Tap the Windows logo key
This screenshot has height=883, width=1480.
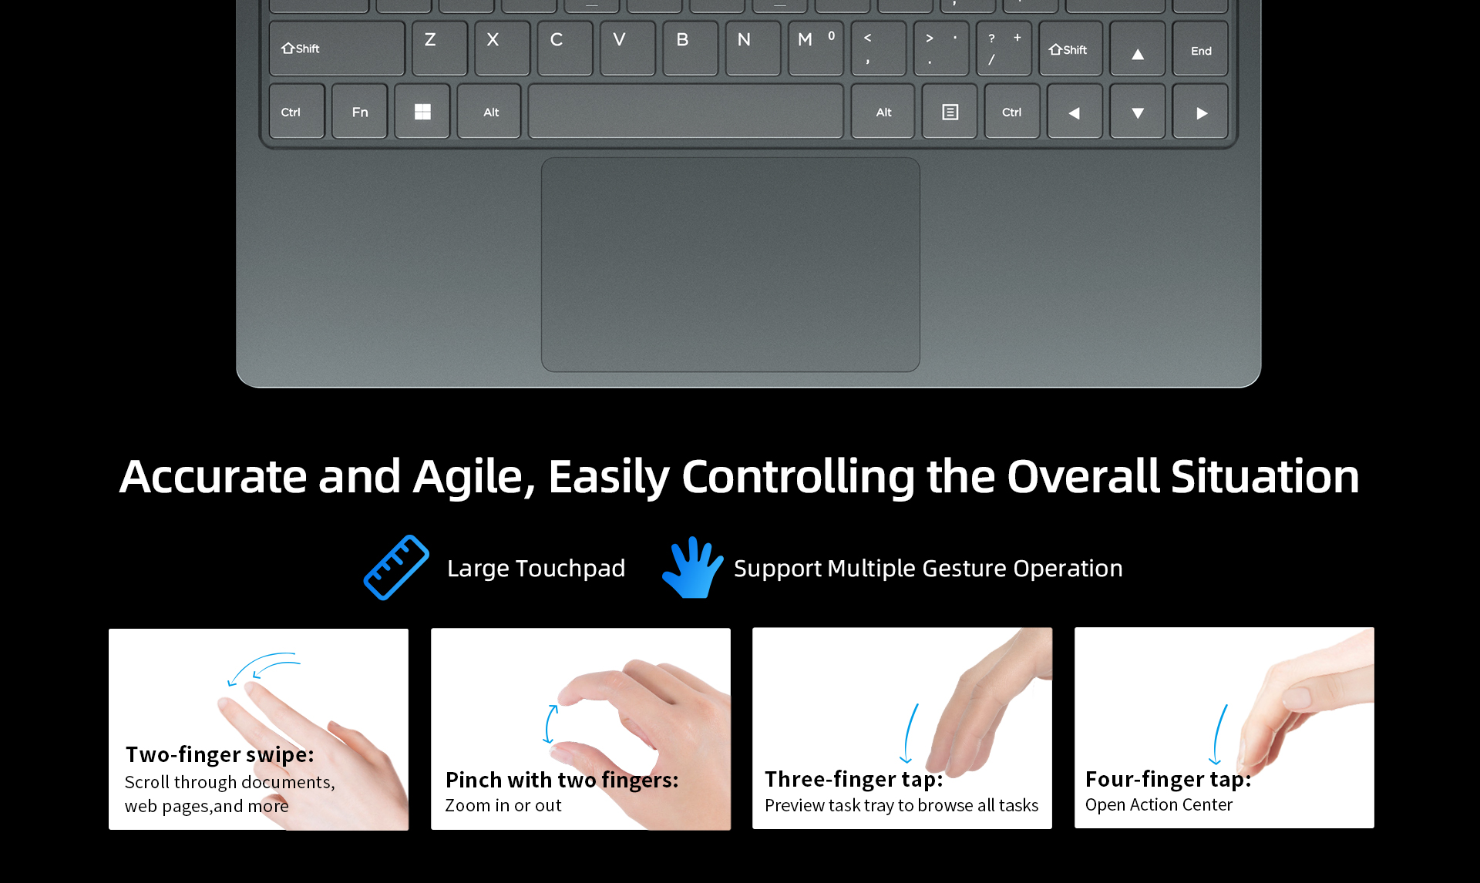tap(422, 112)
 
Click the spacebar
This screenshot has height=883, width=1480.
tap(685, 112)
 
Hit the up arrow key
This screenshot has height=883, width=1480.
tap(1137, 49)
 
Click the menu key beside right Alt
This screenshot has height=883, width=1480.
tap(950, 112)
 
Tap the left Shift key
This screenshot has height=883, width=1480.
tap(337, 49)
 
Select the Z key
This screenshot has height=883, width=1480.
tap(439, 49)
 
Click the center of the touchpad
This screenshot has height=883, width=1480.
tap(730, 265)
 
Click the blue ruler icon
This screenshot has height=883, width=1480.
tap(396, 568)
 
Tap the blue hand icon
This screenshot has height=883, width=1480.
tap(692, 568)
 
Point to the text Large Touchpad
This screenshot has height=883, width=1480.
tap(536, 569)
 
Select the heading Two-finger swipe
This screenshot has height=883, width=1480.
tap(220, 754)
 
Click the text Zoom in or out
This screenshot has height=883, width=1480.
tap(503, 805)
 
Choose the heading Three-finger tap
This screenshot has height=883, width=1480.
tap(854, 780)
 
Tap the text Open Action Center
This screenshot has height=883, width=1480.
tap(1159, 805)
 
